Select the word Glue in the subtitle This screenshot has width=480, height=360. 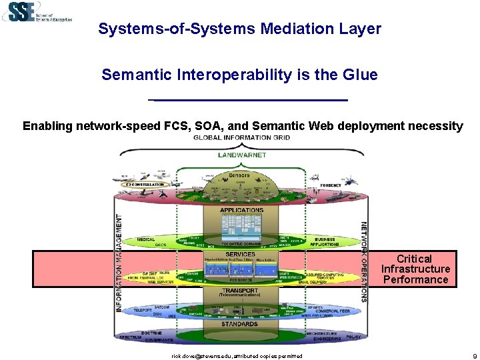(360, 75)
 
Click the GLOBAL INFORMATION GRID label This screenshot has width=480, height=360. (241, 138)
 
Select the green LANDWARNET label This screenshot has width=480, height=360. (241, 155)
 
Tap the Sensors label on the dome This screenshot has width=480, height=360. (239, 175)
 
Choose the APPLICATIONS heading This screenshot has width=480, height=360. (241, 210)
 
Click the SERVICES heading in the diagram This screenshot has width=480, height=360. (240, 254)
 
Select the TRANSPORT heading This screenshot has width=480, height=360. (241, 291)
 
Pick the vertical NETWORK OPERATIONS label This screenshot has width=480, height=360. (363, 261)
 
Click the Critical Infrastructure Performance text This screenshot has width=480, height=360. (415, 269)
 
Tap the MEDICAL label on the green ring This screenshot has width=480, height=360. (145, 239)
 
